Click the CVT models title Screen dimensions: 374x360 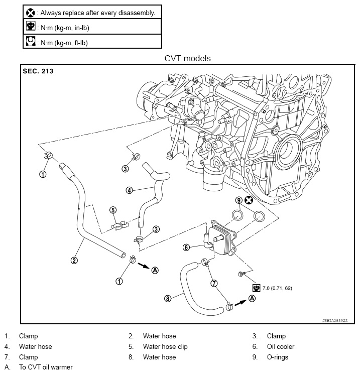(x=187, y=58)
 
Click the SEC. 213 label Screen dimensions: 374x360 (x=38, y=71)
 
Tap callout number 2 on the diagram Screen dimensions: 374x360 (x=74, y=261)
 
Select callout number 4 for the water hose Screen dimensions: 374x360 (x=129, y=190)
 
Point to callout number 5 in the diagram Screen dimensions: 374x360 (x=113, y=210)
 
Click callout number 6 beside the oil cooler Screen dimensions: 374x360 (x=186, y=247)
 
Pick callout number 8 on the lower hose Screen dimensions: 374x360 (x=168, y=298)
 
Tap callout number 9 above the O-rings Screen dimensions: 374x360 (x=238, y=200)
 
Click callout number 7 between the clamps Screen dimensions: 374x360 (x=214, y=283)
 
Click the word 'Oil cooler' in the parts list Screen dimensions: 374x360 (x=281, y=346)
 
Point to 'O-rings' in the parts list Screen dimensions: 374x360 (x=278, y=357)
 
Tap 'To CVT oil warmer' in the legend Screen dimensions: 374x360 (x=46, y=367)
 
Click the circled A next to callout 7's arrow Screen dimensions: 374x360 (x=252, y=298)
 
